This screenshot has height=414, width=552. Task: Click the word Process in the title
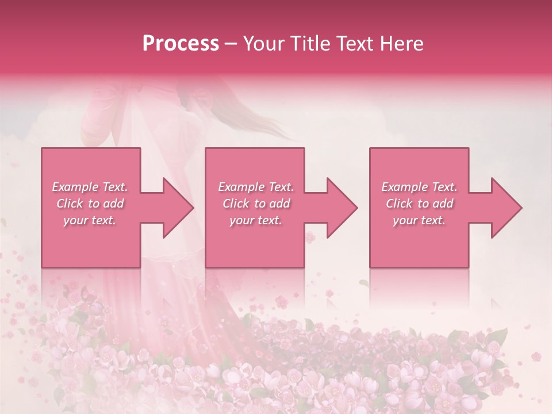(x=181, y=44)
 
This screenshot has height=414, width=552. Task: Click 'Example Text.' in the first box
(x=90, y=187)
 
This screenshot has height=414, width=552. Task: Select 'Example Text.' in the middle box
(x=256, y=187)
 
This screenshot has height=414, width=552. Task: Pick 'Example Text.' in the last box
(x=419, y=187)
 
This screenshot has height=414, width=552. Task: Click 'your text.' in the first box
(x=90, y=220)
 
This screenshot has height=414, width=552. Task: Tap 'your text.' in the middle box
(x=256, y=220)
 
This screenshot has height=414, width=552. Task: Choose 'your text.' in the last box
(x=419, y=220)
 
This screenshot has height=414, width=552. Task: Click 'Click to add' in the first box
(x=90, y=204)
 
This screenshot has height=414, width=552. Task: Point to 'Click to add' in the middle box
(x=256, y=204)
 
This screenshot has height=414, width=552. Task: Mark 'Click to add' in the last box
(x=419, y=204)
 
